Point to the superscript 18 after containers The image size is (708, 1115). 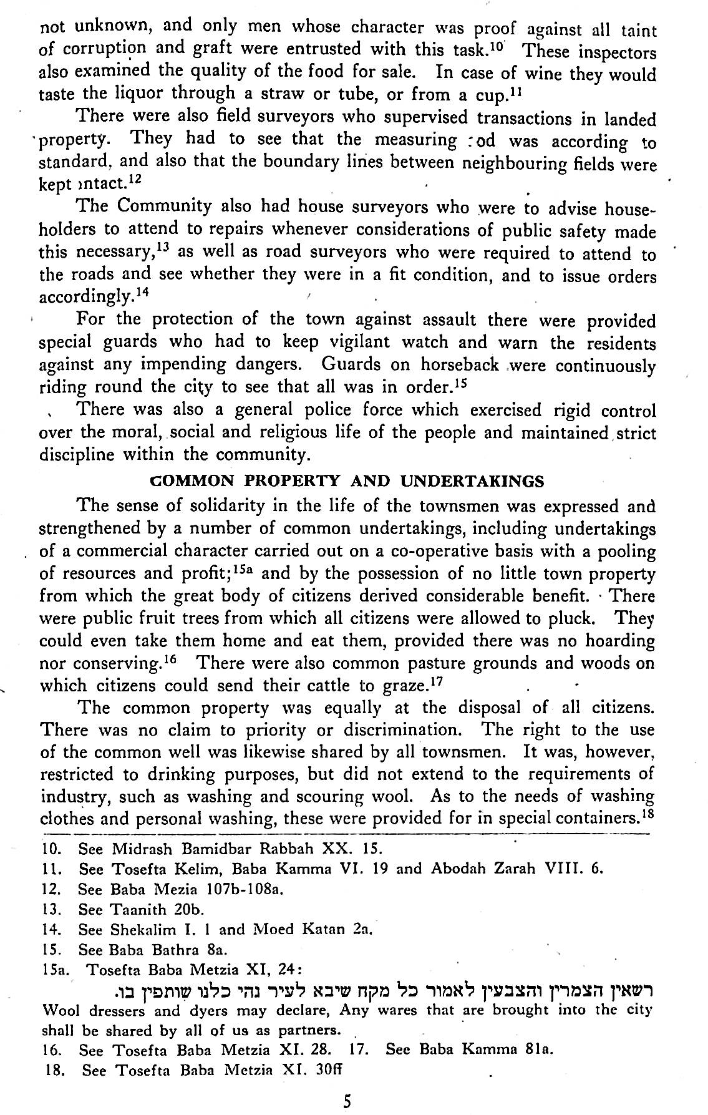(x=648, y=813)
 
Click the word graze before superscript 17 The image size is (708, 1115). (x=403, y=687)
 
